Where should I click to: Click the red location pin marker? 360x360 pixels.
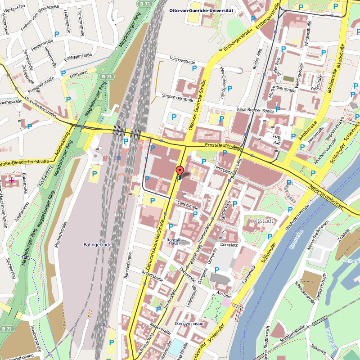click(179, 171)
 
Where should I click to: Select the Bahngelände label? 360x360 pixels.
click(97, 245)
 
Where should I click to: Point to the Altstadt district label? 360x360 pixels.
click(264, 221)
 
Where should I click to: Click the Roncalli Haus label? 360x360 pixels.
click(174, 242)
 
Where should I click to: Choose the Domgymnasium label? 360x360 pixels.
click(190, 323)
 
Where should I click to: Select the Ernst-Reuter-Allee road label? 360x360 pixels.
click(224, 146)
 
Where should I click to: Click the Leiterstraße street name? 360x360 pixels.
click(188, 206)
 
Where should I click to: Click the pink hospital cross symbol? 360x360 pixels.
click(12, 180)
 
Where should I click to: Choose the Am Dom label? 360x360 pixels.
click(224, 294)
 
